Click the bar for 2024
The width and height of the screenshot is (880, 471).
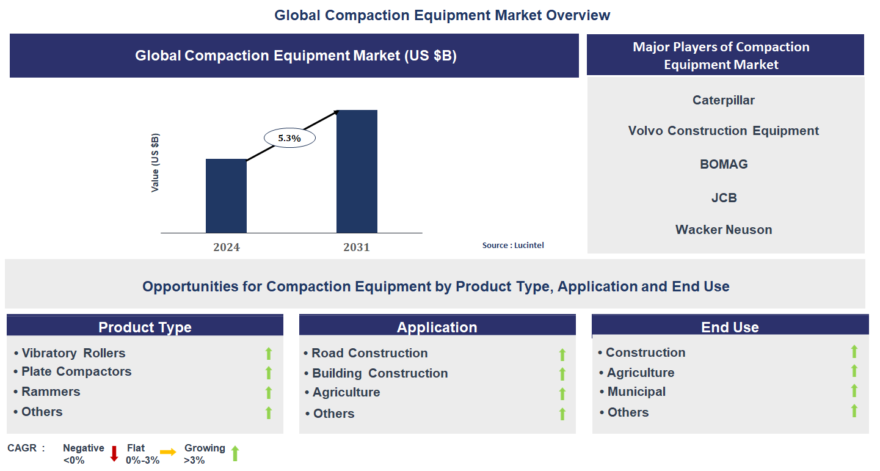click(226, 196)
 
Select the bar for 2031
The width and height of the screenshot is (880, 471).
click(357, 172)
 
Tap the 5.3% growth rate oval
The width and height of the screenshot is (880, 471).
click(289, 139)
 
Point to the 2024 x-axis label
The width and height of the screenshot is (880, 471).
click(226, 247)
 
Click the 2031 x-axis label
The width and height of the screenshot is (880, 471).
click(357, 247)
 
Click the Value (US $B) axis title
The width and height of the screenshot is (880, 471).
click(155, 162)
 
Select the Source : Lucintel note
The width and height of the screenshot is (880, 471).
click(513, 246)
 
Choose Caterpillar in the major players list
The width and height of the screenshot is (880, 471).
click(724, 100)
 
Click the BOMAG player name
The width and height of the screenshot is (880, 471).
click(724, 164)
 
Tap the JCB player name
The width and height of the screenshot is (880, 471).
click(724, 198)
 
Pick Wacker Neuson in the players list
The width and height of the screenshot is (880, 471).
click(724, 230)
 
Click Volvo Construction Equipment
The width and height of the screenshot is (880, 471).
click(724, 131)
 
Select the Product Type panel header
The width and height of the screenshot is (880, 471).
click(145, 327)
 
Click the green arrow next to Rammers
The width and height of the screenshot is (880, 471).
click(268, 393)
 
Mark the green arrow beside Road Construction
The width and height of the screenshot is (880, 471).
click(562, 354)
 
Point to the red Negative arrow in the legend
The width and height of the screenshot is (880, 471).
click(114, 454)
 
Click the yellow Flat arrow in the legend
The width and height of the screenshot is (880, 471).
click(169, 453)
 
